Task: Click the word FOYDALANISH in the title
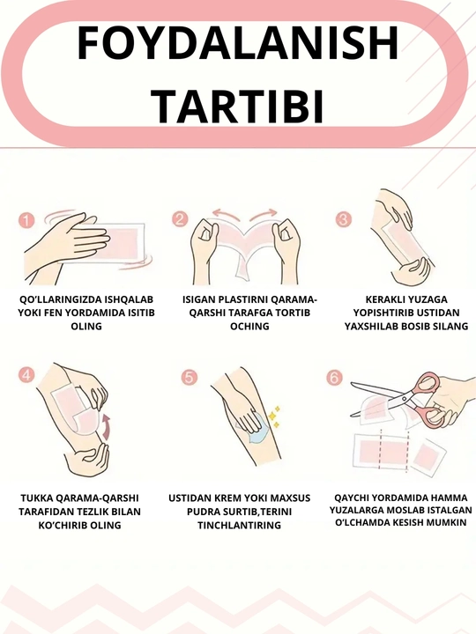tap(238, 43)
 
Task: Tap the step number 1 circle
tap(26, 221)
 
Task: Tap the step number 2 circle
tap(180, 219)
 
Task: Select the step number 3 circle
tap(344, 219)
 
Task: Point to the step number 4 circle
tap(26, 375)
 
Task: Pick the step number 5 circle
tap(190, 378)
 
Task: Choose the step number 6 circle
tap(334, 378)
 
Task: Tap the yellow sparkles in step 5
tap(275, 416)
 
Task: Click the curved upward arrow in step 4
tap(107, 426)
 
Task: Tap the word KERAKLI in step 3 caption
tap(380, 299)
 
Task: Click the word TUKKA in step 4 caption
tap(35, 498)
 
